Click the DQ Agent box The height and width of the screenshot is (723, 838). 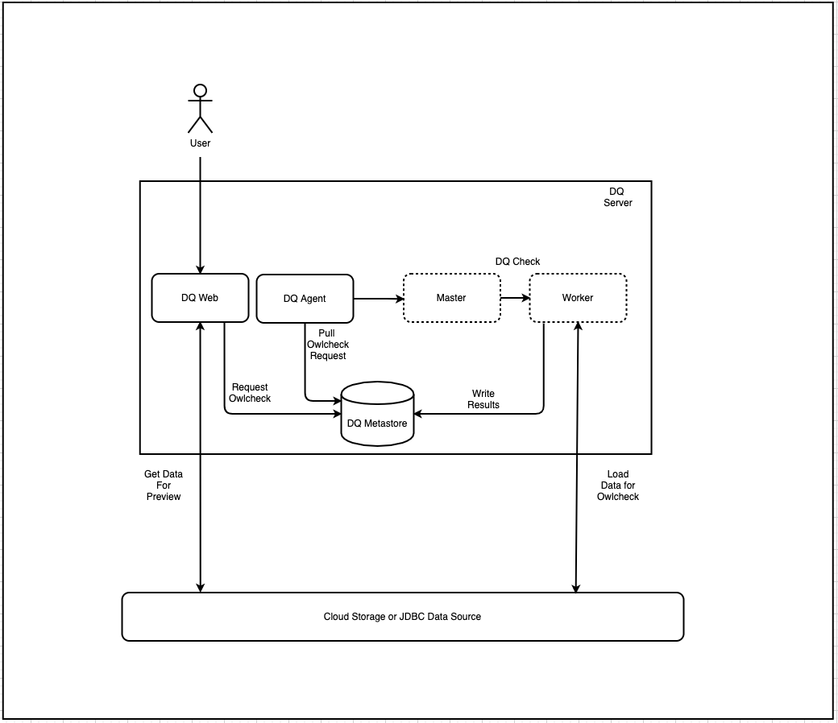click(305, 299)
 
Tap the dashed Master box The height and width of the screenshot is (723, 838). click(451, 298)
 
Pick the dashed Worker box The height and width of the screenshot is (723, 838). click(578, 298)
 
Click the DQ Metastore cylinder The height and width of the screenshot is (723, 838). click(377, 415)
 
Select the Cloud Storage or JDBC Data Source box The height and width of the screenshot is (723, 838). click(402, 617)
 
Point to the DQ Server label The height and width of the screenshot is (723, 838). click(617, 197)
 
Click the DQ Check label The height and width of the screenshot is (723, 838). click(517, 262)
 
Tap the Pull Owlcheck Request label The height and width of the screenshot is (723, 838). click(327, 345)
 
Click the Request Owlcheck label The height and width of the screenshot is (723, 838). click(250, 393)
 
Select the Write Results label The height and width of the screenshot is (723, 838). click(483, 399)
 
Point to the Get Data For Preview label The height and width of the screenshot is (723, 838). click(164, 485)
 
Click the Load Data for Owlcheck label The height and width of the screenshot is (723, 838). click(618, 485)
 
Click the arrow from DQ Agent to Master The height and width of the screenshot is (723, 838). click(378, 299)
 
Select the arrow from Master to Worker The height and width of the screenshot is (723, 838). click(514, 298)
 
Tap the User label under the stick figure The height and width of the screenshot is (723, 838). click(200, 143)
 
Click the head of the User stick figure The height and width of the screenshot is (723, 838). click(200, 90)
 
